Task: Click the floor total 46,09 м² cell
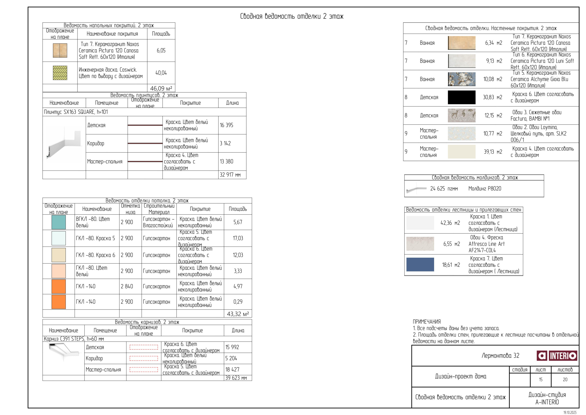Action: [x=161, y=88]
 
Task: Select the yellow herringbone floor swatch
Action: [x=60, y=73]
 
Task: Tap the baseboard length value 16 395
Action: [x=227, y=125]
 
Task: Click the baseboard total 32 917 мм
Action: [x=230, y=175]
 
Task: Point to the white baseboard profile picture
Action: [x=64, y=143]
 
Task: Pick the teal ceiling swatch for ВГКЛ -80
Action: [x=59, y=222]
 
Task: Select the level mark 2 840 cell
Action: [x=127, y=286]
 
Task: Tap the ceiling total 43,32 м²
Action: [x=238, y=314]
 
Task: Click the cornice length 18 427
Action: [x=232, y=369]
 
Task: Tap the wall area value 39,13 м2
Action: [x=493, y=152]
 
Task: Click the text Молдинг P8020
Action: [x=485, y=189]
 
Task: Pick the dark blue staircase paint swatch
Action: [x=420, y=264]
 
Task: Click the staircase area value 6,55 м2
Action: [x=451, y=244]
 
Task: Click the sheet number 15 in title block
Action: [x=540, y=380]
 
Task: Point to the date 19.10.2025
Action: [x=570, y=413]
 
